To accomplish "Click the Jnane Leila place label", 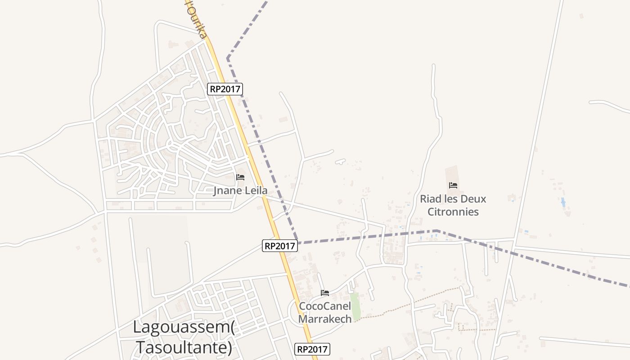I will (x=240, y=190).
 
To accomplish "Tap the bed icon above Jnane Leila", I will (x=240, y=177).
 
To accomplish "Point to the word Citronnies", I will (x=453, y=211).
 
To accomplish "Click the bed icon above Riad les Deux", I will (x=453, y=185).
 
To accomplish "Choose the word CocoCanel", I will (x=325, y=306).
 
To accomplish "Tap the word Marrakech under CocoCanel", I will (x=325, y=319).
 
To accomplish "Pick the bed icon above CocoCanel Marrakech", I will (x=325, y=293).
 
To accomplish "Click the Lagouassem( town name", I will (x=184, y=327).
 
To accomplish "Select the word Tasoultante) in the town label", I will (x=184, y=347).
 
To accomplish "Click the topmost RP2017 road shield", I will (x=225, y=89).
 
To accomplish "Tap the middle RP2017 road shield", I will (x=280, y=246).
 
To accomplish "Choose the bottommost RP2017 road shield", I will (x=313, y=349).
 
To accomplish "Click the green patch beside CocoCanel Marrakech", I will (x=355, y=306).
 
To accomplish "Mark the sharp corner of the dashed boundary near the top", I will (x=228, y=58).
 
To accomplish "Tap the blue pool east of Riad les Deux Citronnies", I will (x=563, y=202).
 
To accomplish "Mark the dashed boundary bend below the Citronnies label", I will (x=436, y=231).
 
